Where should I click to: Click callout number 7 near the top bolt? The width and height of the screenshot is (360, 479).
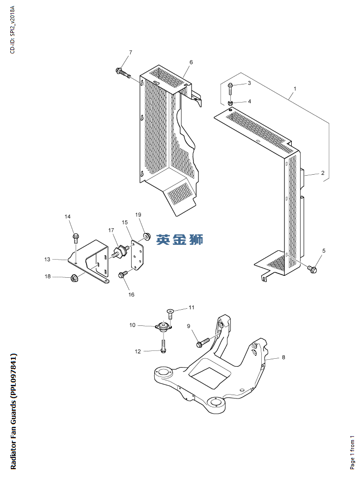click(131, 53)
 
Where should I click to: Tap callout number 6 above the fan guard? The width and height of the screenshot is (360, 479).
click(191, 62)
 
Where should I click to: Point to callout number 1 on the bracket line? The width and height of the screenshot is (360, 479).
click(295, 89)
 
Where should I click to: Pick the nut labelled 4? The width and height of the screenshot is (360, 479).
click(230, 103)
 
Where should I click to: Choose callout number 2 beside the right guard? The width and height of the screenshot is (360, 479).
click(323, 173)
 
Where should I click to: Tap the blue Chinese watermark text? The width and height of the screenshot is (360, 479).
click(180, 240)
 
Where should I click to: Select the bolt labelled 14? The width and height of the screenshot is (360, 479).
click(76, 238)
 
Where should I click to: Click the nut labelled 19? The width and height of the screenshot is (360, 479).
click(146, 238)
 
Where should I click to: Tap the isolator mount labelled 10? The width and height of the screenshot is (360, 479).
click(164, 326)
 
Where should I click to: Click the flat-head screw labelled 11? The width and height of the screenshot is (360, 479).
click(170, 312)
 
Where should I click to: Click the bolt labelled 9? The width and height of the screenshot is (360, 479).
click(202, 342)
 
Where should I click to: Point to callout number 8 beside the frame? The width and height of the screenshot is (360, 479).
click(283, 357)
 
